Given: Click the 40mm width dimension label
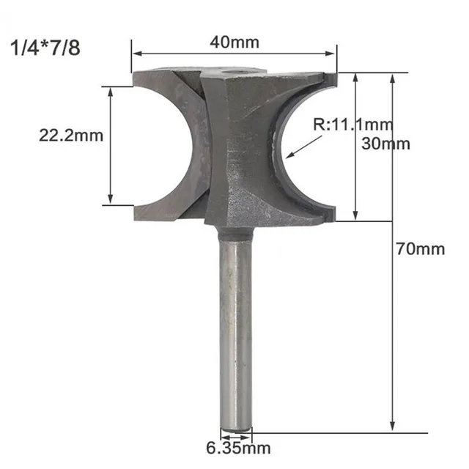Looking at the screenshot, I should [234, 42].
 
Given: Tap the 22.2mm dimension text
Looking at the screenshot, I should [71, 135].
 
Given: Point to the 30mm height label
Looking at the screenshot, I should [386, 144].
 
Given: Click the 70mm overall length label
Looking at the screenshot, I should [420, 249].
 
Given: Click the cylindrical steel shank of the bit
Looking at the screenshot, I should [235, 330].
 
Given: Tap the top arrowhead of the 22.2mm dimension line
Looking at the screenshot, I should [111, 92].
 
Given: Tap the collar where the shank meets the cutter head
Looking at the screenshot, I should [235, 233].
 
